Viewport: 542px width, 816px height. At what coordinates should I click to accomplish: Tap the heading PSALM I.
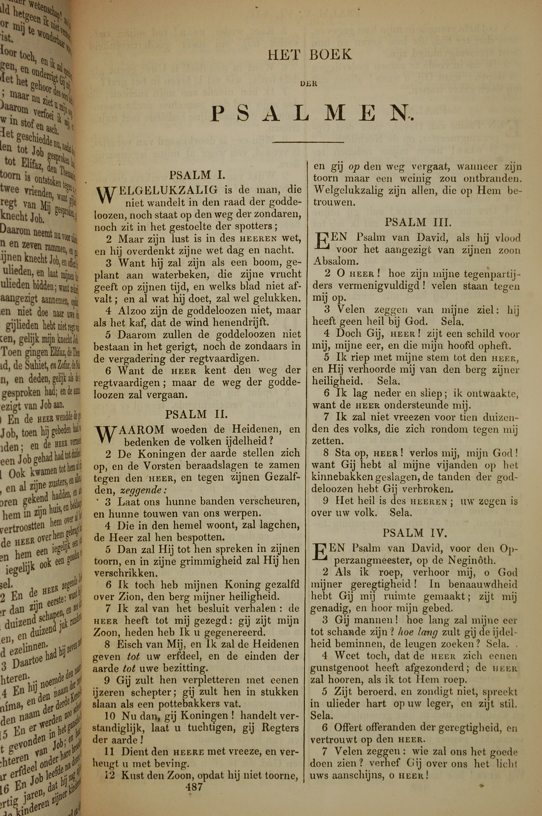click(x=197, y=175)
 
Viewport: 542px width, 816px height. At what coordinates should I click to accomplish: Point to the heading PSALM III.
click(x=418, y=222)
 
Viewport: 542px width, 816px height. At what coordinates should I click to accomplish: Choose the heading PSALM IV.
click(x=415, y=533)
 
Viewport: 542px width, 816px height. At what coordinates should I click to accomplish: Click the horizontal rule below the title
click(x=308, y=142)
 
